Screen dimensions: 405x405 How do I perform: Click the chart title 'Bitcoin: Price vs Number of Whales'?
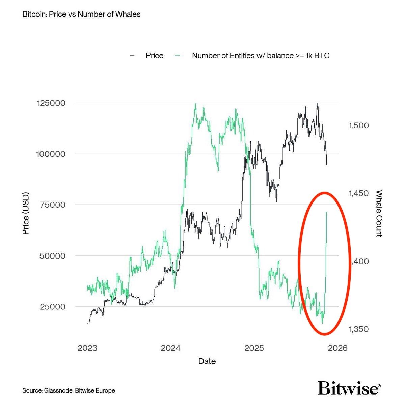tap(81, 15)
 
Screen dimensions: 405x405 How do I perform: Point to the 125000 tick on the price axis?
tap(51, 103)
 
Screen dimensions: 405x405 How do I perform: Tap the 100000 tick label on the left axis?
tap(51, 154)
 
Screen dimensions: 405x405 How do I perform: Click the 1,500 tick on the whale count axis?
tap(358, 125)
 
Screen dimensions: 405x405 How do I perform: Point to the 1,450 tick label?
tap(358, 193)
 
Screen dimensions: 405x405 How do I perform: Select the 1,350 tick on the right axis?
tap(358, 329)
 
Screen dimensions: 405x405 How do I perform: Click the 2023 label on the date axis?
tap(87, 348)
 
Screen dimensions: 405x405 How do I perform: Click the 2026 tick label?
tap(337, 348)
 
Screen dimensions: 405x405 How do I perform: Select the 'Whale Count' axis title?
tap(379, 213)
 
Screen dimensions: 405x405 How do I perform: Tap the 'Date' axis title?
tap(207, 361)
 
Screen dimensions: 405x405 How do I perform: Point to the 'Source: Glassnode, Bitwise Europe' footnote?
tap(69, 390)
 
